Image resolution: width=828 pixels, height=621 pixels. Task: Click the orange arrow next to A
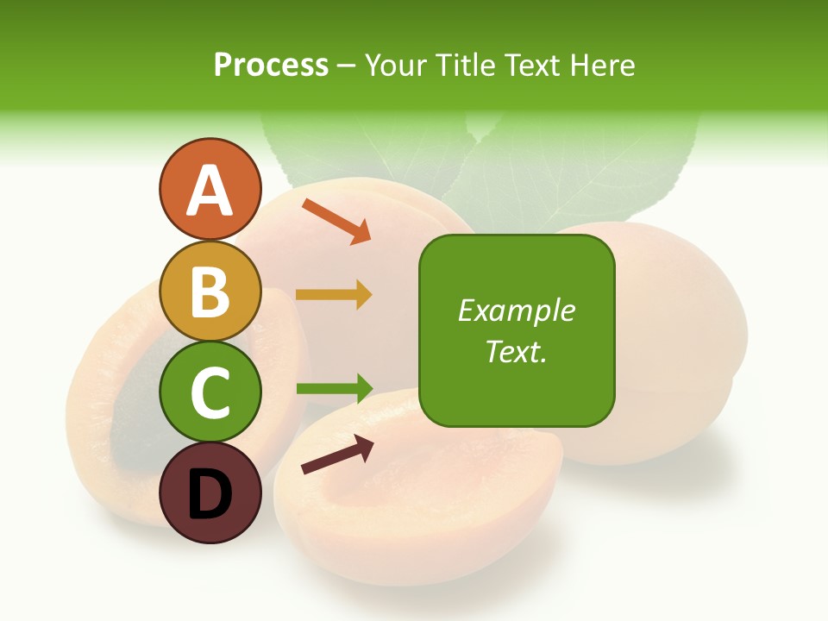click(336, 221)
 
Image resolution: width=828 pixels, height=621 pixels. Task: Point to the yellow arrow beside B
click(333, 295)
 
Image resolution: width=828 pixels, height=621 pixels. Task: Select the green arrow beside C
click(334, 388)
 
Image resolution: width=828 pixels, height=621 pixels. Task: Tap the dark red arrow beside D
click(337, 455)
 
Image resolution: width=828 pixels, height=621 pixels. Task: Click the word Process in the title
click(271, 65)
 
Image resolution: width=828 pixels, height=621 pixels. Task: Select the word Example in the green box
click(516, 310)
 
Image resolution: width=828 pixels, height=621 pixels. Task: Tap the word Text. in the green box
click(516, 351)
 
